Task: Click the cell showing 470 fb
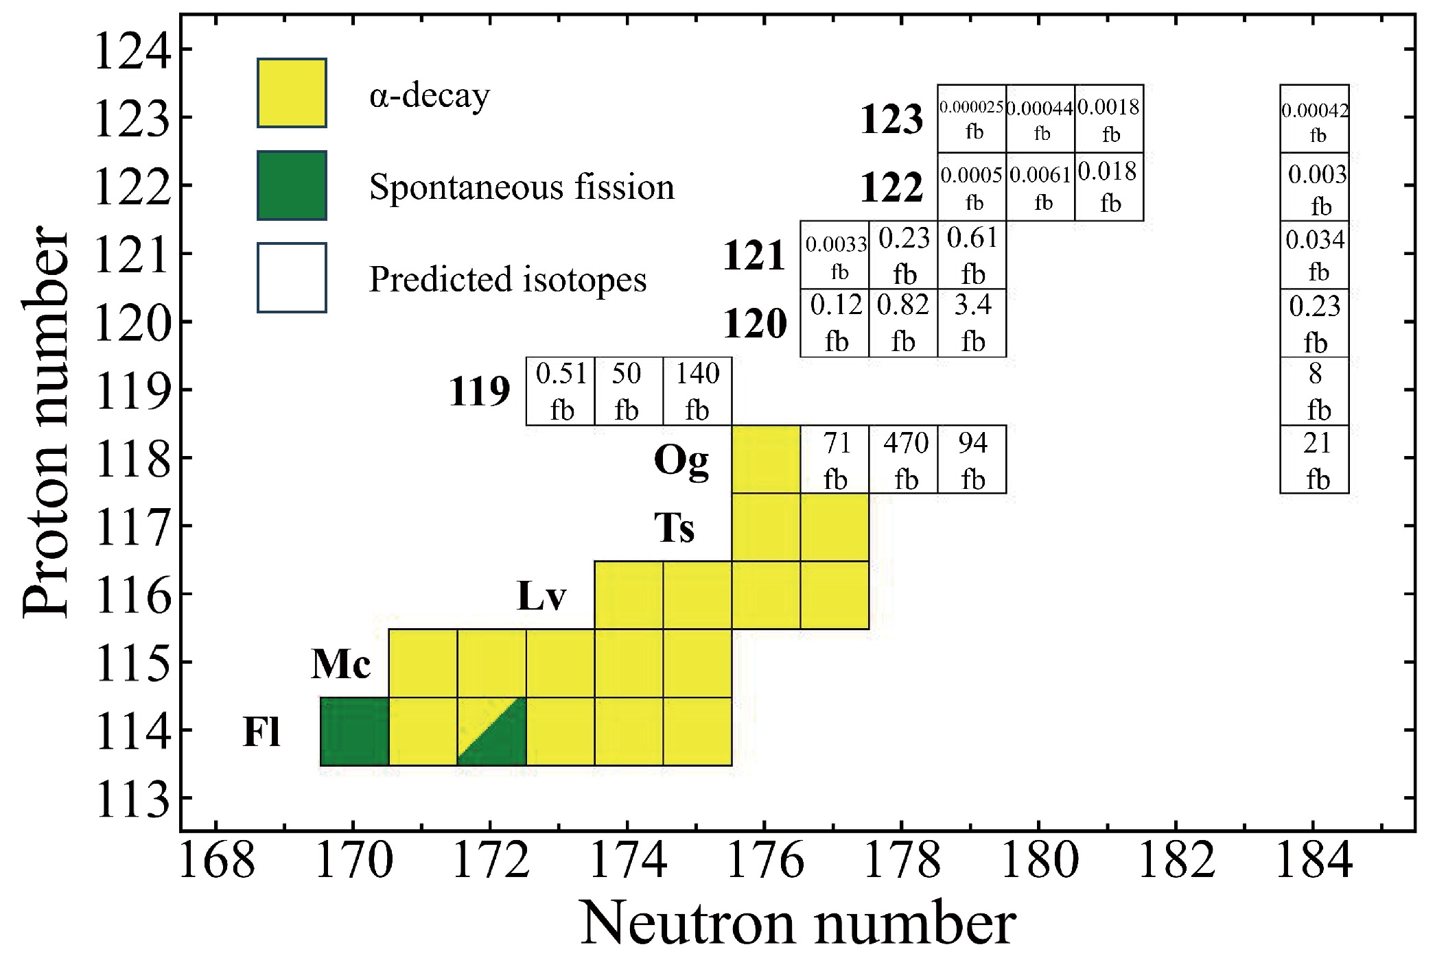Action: click(x=903, y=459)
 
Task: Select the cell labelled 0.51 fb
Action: click(x=560, y=391)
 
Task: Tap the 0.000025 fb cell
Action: click(x=972, y=119)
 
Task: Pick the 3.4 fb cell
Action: click(x=972, y=322)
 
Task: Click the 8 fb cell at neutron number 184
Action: click(x=1314, y=391)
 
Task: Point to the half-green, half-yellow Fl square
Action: click(x=491, y=731)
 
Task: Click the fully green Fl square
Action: click(x=355, y=731)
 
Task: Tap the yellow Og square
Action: click(x=766, y=459)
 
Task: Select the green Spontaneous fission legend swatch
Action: click(x=292, y=185)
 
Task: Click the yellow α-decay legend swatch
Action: click(x=292, y=93)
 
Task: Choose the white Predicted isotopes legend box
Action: click(x=292, y=278)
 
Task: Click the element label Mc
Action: click(x=341, y=664)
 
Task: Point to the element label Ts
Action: click(x=674, y=528)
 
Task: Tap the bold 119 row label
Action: click(x=480, y=392)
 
